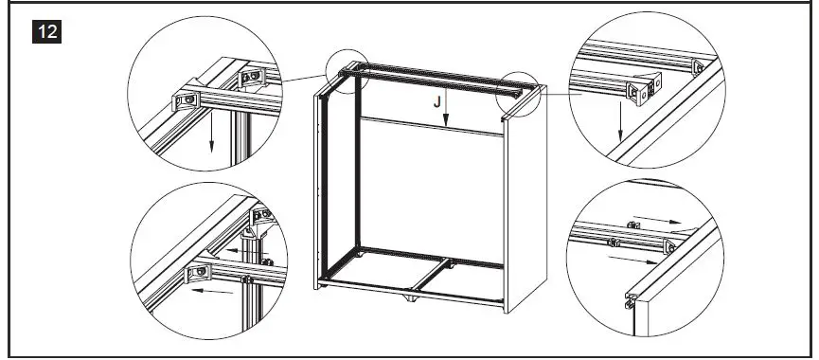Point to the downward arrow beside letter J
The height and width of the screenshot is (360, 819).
click(x=449, y=111)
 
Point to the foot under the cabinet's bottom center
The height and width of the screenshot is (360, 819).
click(x=409, y=300)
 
